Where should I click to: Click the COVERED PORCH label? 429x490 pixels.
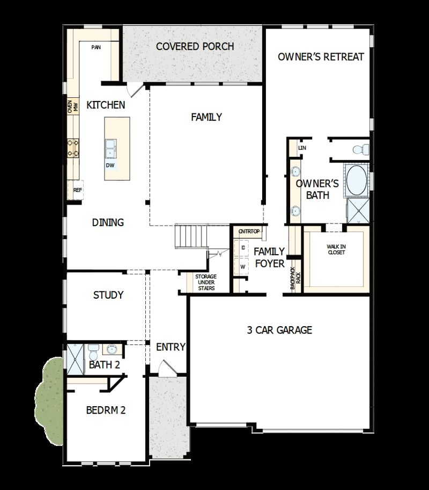tap(195, 46)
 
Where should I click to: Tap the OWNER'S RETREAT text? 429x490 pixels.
tap(321, 56)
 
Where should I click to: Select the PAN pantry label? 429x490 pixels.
tap(96, 47)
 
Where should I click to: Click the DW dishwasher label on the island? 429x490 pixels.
tap(110, 165)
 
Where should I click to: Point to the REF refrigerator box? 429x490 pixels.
tap(77, 190)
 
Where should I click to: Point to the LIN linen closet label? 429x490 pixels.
tap(302, 147)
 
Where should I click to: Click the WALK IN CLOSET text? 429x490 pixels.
tap(336, 249)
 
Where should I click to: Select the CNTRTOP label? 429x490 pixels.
tap(249, 232)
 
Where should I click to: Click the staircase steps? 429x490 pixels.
tap(191, 236)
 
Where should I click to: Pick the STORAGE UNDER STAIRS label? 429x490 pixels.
tap(205, 283)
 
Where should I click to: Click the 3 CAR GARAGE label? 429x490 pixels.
tap(279, 330)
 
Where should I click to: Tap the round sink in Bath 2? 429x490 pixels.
tap(112, 350)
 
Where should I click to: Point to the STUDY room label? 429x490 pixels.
tap(108, 295)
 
